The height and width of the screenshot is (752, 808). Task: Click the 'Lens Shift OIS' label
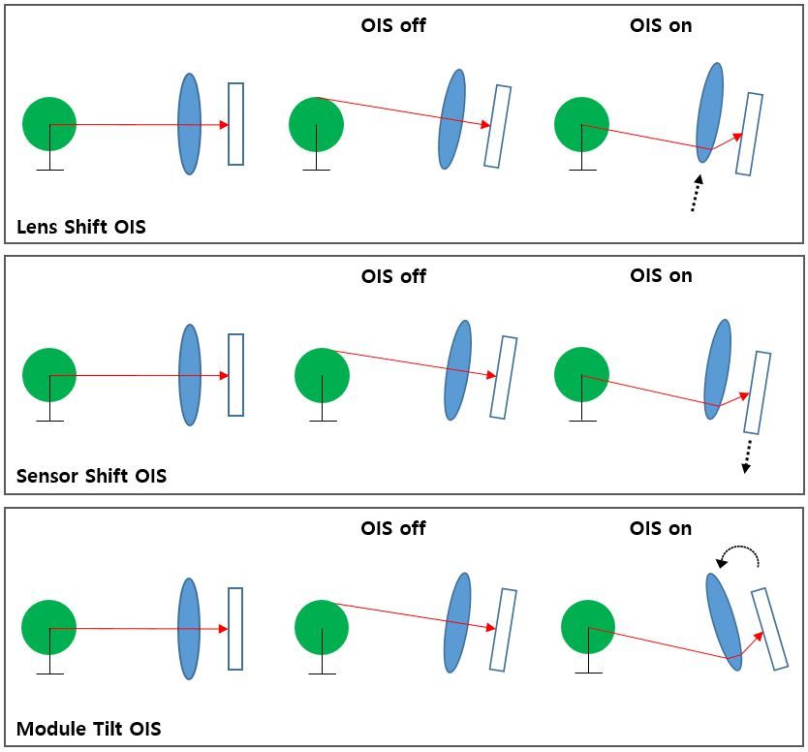[x=81, y=228]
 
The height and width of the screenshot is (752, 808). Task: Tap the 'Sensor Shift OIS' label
[x=91, y=476]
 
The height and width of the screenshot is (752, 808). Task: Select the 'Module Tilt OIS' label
[x=88, y=729]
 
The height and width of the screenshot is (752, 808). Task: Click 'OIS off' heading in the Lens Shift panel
[x=392, y=26]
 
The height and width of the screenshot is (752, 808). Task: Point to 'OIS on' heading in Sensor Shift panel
[x=661, y=275]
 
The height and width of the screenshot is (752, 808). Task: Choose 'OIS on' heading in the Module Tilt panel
[x=661, y=528]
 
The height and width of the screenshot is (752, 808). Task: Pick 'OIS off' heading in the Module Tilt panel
[x=392, y=528]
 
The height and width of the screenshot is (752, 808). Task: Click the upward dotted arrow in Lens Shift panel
[x=696, y=193]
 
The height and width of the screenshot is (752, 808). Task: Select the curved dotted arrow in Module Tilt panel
[x=739, y=555]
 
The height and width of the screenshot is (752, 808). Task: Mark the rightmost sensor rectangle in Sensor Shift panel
[x=757, y=392]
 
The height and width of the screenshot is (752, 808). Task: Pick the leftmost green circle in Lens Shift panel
[x=49, y=124]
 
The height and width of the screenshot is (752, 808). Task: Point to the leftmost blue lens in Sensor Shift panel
[x=189, y=375]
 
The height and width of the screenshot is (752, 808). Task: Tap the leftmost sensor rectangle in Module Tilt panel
[x=235, y=628]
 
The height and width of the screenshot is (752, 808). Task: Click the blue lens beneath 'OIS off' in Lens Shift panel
[x=451, y=119]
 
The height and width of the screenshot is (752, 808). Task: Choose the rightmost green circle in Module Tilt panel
[x=588, y=627]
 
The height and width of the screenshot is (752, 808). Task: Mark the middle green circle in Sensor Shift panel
[x=322, y=375]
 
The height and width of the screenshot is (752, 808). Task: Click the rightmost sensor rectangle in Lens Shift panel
[x=749, y=134]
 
